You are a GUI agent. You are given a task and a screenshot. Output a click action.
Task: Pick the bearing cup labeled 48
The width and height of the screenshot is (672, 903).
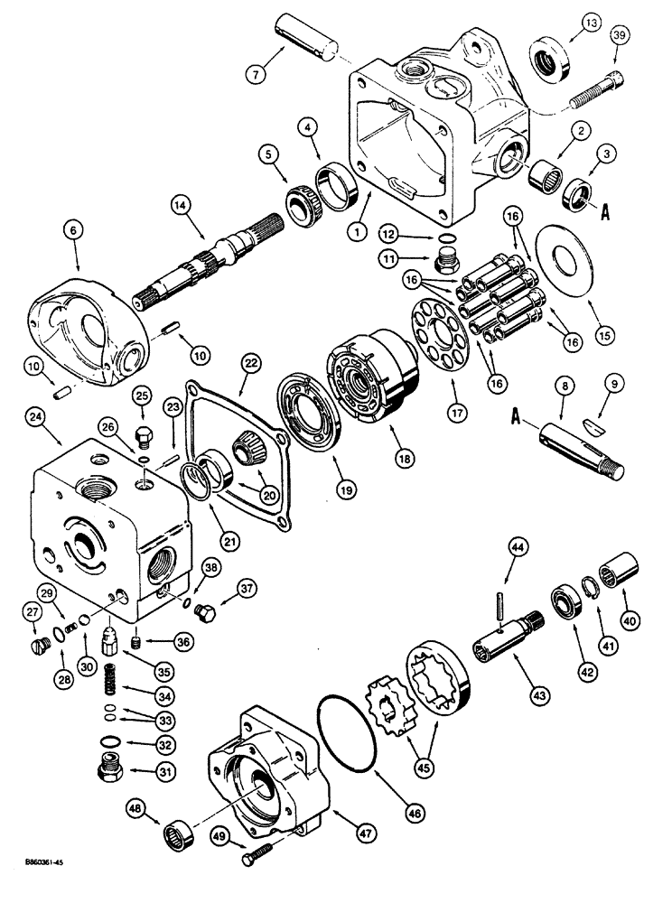pos(182,822)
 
